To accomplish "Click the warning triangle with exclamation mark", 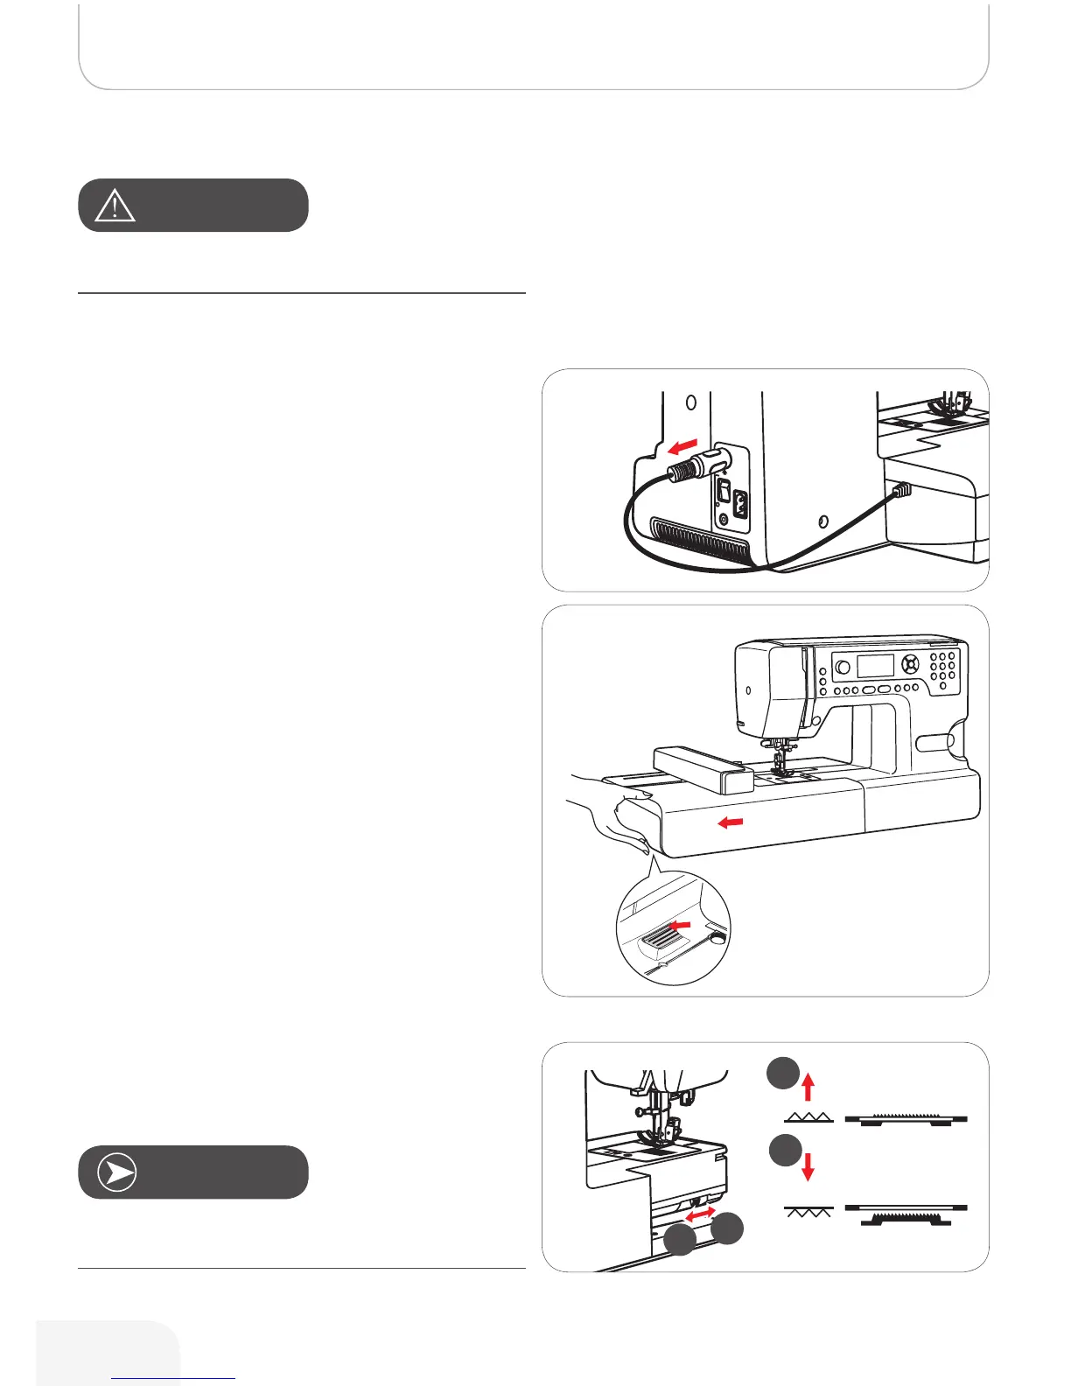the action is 115,205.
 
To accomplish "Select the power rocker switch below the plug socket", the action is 724,495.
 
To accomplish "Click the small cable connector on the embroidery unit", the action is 901,491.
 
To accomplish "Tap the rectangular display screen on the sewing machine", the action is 874,664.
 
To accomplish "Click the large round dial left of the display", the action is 842,668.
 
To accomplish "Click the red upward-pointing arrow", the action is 808,1088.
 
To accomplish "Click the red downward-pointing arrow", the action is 808,1165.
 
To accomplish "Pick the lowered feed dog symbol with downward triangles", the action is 809,1214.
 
